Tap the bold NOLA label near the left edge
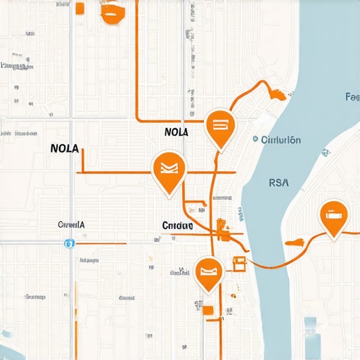click(65, 150)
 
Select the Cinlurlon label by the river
click(281, 140)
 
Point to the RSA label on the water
click(279, 182)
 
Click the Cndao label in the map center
click(177, 226)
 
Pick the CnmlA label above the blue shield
click(71, 225)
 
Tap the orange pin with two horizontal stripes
click(219, 127)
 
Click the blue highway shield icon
click(69, 244)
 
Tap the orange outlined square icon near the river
click(238, 263)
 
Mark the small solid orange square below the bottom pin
click(207, 309)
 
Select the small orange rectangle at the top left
click(79, 8)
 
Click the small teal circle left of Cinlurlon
click(255, 140)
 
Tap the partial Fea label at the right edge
click(352, 97)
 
